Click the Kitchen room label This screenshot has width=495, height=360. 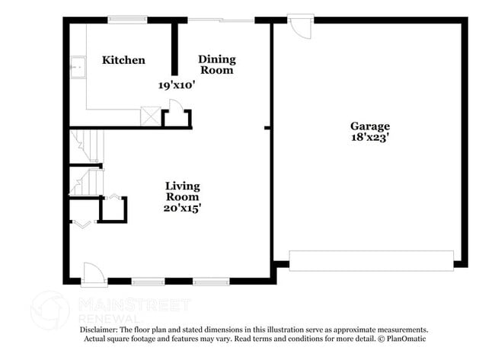coord(123,60)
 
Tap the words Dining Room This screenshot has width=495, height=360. coord(217,65)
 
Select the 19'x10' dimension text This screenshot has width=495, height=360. coord(177,85)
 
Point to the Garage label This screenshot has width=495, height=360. coord(369,126)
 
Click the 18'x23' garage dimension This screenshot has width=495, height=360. coord(369,139)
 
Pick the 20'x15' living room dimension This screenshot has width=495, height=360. coord(183,206)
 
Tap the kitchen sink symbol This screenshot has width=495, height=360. coord(77,68)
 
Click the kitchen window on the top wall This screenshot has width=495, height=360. coord(127,20)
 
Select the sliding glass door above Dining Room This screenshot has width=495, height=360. coord(221,20)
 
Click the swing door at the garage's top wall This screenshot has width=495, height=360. coord(302,27)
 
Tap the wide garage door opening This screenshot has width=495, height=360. coord(372,260)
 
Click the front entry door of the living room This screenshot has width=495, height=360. coord(93,273)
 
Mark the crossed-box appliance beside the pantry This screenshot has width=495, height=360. coord(150,116)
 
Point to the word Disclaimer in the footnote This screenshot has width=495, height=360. coord(101,330)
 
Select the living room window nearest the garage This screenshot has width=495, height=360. coord(211,281)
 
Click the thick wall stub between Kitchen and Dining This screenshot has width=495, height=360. coord(174,49)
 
